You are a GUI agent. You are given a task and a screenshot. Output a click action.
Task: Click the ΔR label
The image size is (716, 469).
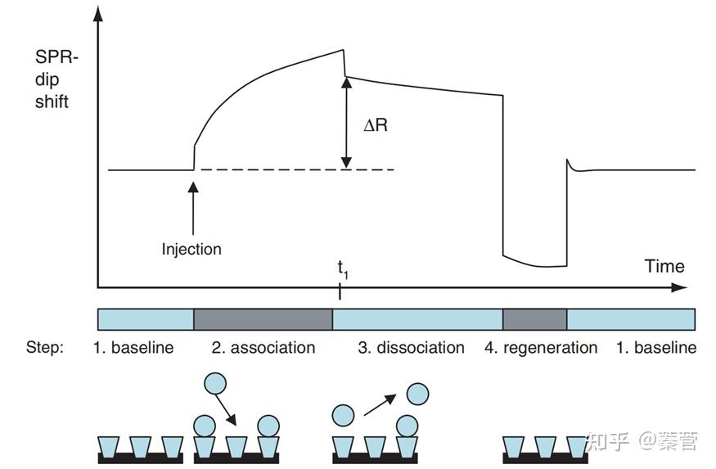[376, 126]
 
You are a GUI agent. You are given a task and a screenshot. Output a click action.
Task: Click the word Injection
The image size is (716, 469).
[191, 249]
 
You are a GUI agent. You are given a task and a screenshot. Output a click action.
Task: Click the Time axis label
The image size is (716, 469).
[664, 266]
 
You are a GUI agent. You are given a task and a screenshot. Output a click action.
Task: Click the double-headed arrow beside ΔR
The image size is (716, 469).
[348, 123]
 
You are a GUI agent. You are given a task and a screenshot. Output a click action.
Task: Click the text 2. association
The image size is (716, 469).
[263, 348]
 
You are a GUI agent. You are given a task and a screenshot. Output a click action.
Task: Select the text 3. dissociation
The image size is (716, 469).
[411, 348]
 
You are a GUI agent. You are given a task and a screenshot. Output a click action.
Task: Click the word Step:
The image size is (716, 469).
[44, 348]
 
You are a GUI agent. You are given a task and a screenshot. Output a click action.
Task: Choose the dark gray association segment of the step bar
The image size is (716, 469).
[263, 319]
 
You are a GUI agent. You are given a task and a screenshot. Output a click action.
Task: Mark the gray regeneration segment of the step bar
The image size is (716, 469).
[534, 319]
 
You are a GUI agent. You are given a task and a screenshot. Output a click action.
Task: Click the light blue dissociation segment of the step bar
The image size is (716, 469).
[417, 319]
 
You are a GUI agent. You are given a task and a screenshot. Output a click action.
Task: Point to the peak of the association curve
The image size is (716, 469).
[342, 51]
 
